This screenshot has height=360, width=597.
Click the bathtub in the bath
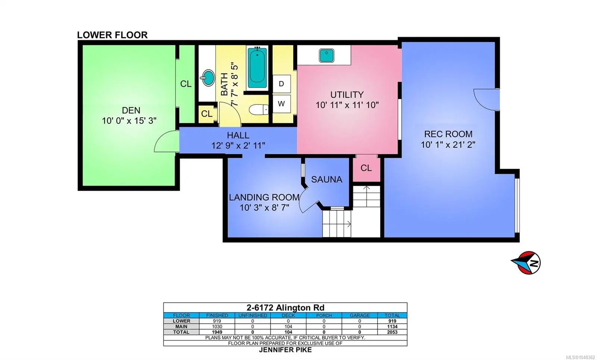click(x=257, y=68)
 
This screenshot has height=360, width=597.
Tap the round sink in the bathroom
click(x=208, y=78)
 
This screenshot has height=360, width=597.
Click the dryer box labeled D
click(x=281, y=84)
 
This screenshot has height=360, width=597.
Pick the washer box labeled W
click(x=281, y=104)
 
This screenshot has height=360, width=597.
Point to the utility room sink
click(x=326, y=56)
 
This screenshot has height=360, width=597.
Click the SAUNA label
click(x=327, y=179)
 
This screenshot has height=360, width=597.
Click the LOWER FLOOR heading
click(x=112, y=35)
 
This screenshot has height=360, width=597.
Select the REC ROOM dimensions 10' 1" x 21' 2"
click(x=448, y=145)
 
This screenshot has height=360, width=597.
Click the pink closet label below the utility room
click(x=366, y=168)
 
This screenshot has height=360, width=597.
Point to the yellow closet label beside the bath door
click(x=207, y=114)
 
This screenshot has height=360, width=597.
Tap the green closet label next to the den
click(x=186, y=84)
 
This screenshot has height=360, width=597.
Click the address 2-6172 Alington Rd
click(x=285, y=308)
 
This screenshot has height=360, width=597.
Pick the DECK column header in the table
click(x=288, y=316)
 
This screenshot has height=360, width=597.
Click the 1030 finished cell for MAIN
click(x=217, y=326)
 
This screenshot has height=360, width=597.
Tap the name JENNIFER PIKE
click(x=285, y=350)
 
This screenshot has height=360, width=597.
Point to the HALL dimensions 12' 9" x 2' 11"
click(x=238, y=146)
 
